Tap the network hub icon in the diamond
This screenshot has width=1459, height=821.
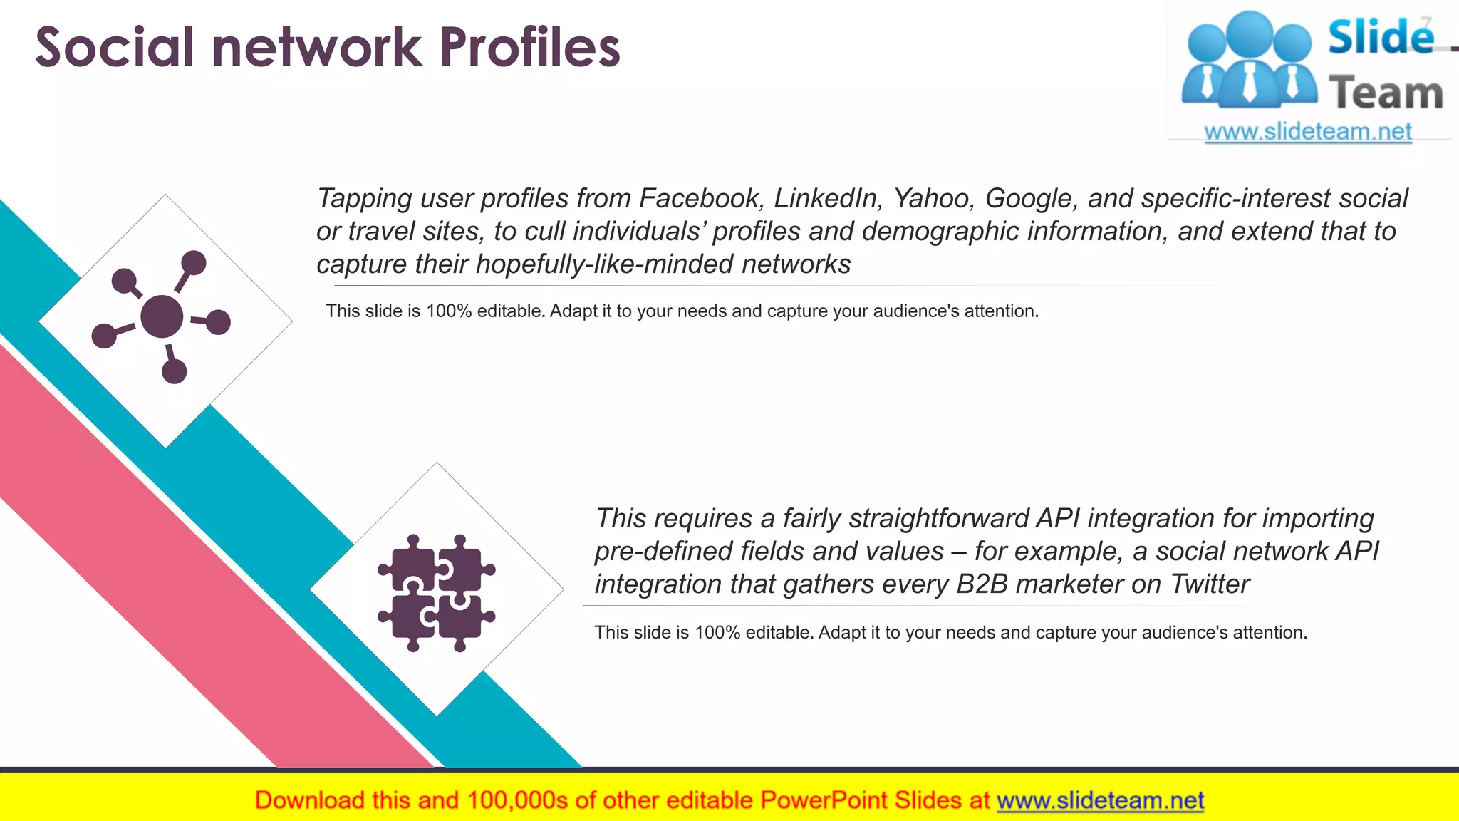point(162,317)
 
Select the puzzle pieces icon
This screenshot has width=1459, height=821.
point(437,592)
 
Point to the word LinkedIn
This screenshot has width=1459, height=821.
point(829,198)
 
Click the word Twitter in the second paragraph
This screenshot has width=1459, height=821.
point(1210,584)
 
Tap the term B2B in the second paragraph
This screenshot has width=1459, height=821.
point(982,584)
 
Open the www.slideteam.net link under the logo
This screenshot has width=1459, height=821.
point(1308,132)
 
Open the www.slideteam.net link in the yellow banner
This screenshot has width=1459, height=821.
point(1101,801)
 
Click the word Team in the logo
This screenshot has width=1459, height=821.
point(1386,93)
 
